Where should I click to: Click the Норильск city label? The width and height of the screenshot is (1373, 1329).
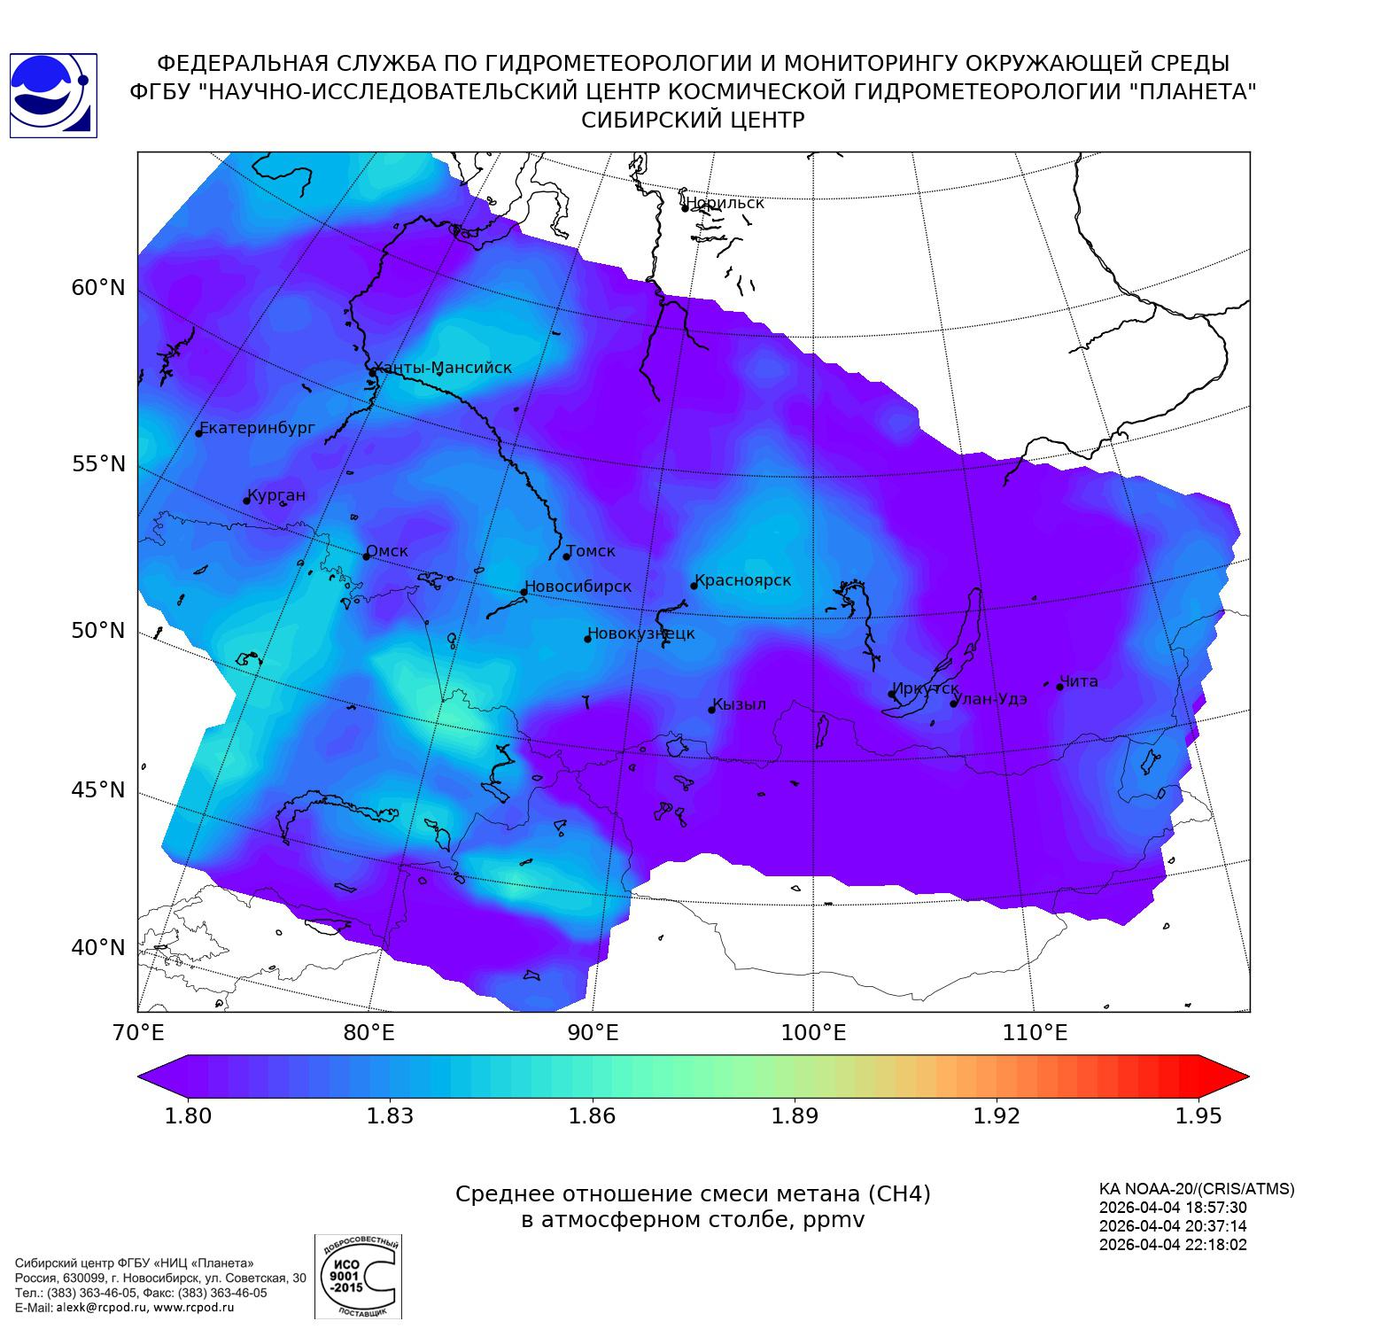point(725,203)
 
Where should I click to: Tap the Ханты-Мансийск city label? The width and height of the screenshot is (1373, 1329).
point(443,368)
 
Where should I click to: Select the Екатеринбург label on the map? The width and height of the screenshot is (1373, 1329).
point(258,428)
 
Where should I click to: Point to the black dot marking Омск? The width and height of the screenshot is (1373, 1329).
point(366,556)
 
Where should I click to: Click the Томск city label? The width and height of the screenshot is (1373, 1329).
point(591,551)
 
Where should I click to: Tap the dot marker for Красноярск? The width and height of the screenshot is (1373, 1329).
point(694,586)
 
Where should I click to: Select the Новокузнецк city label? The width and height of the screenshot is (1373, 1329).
point(641,633)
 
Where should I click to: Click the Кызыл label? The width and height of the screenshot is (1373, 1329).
point(740,704)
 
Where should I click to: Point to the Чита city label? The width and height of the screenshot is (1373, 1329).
point(1079,681)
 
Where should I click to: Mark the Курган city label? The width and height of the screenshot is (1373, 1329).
point(276,495)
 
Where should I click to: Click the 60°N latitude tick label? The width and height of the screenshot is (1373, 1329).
point(98,288)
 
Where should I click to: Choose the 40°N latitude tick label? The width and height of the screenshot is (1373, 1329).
point(98,948)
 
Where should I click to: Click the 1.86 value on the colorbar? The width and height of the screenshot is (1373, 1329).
point(592,1115)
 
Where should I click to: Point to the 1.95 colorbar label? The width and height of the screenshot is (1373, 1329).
point(1198,1115)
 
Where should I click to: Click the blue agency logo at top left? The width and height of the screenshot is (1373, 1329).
point(53,96)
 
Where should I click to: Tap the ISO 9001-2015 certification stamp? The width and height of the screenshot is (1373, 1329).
point(358,1276)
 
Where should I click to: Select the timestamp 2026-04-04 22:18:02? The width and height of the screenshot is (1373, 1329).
point(1173,1244)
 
